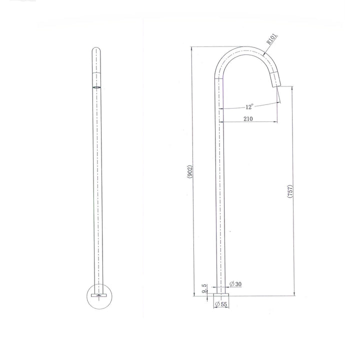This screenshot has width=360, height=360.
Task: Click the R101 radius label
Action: (272, 39)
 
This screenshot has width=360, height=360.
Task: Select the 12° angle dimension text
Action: (249, 106)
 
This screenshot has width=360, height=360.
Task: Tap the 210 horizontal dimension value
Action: (248, 118)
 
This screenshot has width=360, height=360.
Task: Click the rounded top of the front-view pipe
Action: (96, 50)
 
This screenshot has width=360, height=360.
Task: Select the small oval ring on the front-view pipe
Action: (96, 86)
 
